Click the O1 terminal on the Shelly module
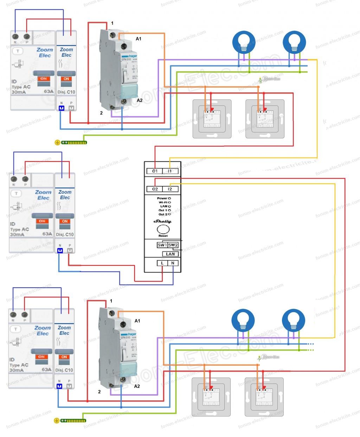[x=155, y=171]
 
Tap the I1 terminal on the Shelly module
[x=170, y=171]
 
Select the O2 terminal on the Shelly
[x=155, y=189]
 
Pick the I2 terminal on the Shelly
[x=170, y=189]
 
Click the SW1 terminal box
[x=162, y=245]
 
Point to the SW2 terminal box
[x=173, y=245]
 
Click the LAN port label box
[x=170, y=254]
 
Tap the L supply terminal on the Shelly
[x=162, y=263]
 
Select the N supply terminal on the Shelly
[x=173, y=263]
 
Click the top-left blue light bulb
[x=244, y=43]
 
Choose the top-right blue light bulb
[x=294, y=43]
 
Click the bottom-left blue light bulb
[x=243, y=320]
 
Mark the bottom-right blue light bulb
[x=293, y=320]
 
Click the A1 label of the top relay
[x=139, y=39]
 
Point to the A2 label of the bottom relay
[x=137, y=386]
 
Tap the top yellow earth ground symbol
[x=57, y=142]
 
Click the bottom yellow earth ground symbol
[x=57, y=420]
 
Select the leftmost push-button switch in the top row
[x=212, y=119]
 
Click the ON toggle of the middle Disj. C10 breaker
[x=65, y=221]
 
